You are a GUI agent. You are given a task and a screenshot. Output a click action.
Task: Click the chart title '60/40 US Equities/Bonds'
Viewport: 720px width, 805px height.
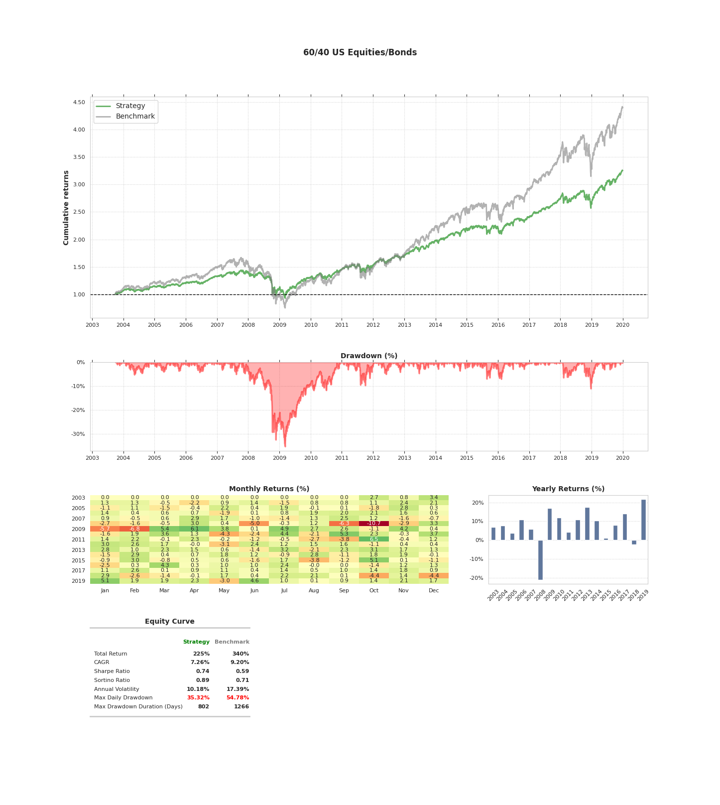360,53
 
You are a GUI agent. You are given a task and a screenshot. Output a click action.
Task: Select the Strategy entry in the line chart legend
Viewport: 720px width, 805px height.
130,106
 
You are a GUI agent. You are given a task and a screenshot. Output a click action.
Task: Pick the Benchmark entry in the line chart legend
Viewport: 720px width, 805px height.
135,117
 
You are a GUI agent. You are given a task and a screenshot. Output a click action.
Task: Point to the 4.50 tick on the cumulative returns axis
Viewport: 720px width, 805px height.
79,103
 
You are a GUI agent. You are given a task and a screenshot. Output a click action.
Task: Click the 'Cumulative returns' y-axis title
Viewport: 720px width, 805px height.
66,208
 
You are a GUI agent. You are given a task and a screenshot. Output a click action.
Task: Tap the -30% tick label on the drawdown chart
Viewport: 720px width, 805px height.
78,434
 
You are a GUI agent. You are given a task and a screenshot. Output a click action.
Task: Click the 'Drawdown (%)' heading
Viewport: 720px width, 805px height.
368,356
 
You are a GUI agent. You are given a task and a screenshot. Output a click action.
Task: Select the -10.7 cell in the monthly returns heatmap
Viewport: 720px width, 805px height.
373,524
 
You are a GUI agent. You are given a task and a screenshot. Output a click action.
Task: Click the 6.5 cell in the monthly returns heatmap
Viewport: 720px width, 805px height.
373,539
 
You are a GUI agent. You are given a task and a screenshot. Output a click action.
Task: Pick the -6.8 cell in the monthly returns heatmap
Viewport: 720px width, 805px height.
134,529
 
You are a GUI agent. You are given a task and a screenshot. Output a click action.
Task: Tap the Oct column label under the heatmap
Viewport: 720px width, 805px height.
373,591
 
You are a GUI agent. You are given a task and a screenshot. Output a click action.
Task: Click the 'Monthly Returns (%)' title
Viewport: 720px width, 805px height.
269,489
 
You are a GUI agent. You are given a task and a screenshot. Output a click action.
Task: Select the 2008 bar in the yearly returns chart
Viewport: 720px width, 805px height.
540,559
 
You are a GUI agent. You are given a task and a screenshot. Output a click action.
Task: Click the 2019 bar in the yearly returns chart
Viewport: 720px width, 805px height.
643,520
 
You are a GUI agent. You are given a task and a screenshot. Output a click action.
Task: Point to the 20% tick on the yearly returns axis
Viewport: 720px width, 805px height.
478,503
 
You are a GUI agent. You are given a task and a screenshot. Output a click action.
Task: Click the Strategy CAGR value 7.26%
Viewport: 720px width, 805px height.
200,663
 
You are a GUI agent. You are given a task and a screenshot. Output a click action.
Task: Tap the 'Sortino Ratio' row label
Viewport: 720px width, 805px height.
112,680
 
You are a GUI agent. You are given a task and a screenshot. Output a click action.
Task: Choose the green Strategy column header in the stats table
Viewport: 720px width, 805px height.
196,642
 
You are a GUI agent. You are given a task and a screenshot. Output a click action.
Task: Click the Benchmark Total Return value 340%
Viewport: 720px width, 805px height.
240,654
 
